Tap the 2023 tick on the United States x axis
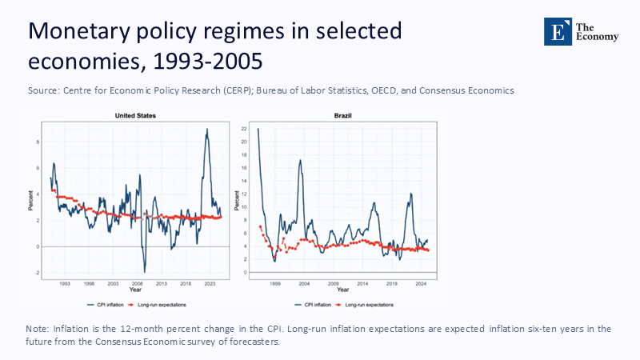pos(210,283)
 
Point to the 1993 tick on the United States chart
pos(65,283)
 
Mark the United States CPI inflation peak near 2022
pos(207,130)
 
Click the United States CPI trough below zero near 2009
pos(144,271)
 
